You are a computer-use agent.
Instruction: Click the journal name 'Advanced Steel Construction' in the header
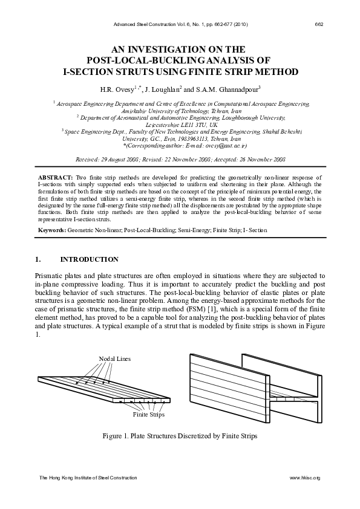click(143, 24)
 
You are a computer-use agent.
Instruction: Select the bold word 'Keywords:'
click(52, 230)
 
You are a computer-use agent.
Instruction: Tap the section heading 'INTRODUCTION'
click(89, 259)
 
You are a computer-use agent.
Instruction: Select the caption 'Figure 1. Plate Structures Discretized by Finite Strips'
click(180, 436)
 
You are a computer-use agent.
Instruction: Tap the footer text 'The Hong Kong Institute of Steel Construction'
click(88, 478)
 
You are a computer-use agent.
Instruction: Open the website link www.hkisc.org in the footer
click(305, 478)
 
